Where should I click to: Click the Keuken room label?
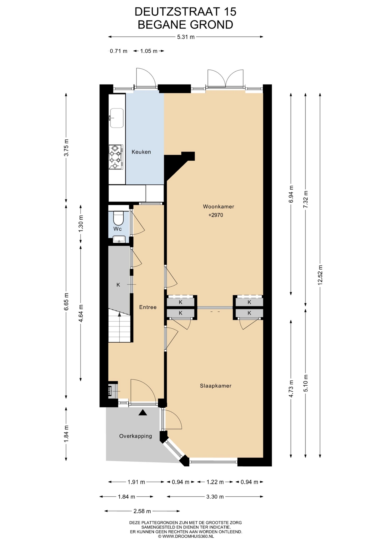pos(141,152)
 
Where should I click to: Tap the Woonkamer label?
pos(218,207)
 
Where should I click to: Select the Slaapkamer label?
pos(215,386)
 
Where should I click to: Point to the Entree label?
pos(148,307)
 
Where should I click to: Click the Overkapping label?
pos(136,436)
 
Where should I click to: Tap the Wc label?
pos(118,229)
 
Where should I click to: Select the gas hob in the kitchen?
pos(116,157)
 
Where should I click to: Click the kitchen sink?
pos(117,118)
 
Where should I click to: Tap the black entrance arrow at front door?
pos(143,413)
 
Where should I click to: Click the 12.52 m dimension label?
pos(320,275)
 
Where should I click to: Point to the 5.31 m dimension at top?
pos(186,37)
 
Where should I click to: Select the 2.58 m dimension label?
pos(142,511)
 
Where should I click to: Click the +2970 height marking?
pos(216,215)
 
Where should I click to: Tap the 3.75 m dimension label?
pos(66,147)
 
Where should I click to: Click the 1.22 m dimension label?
pos(215,482)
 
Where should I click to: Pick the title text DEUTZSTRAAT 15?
pos(185,12)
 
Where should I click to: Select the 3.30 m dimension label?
pos(215,497)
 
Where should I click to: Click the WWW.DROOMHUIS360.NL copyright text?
pos(186,536)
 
